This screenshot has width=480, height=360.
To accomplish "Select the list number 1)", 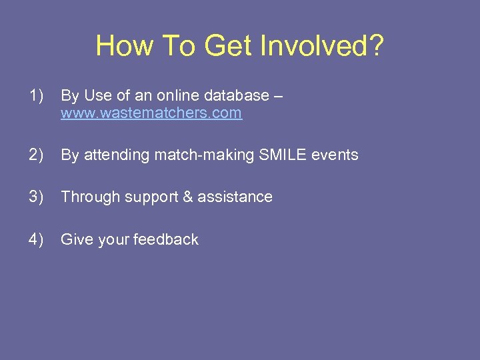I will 37,96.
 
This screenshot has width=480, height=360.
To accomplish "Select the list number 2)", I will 37,155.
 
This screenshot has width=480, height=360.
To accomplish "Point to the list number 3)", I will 37,197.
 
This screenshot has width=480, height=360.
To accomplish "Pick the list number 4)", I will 37,239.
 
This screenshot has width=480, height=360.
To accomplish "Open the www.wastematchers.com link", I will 151,113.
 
